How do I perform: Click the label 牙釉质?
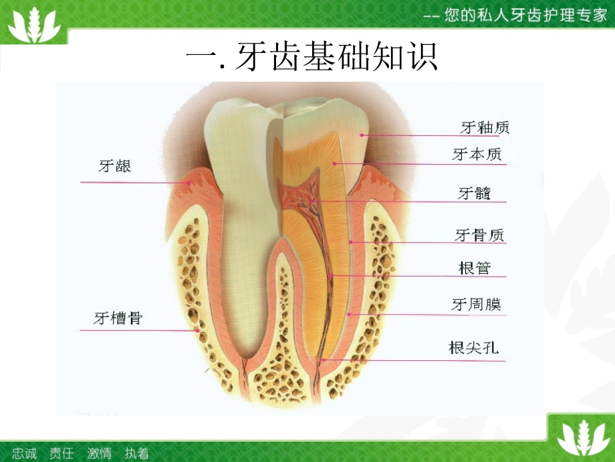(x=485, y=127)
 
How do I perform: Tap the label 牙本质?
(x=477, y=155)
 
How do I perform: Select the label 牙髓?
(x=475, y=194)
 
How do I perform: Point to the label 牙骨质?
(x=479, y=235)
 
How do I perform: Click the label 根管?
(x=475, y=268)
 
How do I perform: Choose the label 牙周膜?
(x=476, y=305)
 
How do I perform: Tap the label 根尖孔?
(x=474, y=348)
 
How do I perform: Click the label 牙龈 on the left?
(x=115, y=166)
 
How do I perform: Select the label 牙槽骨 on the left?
(x=118, y=317)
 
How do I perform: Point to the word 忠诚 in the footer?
(x=25, y=453)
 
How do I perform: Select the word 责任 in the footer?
(x=61, y=453)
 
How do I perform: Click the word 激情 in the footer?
(x=99, y=453)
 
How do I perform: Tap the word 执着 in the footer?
(x=136, y=453)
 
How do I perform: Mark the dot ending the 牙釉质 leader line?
(x=362, y=135)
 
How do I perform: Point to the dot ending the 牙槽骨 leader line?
(x=197, y=329)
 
